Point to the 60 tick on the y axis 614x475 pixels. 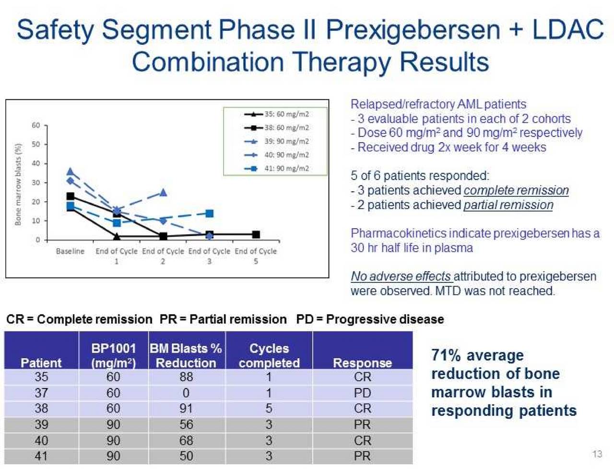coord(36,125)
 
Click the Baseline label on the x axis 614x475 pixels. coord(70,251)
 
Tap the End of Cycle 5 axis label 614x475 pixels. coord(256,256)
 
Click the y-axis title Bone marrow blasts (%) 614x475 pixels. coord(18,184)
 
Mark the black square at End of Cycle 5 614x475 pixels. coord(256,234)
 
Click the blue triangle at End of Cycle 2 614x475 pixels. coord(163,193)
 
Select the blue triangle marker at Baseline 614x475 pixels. coord(71,171)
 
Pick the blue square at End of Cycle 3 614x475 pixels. coord(209,213)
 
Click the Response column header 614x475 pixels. coord(362,363)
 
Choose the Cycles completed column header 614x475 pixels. coord(269,355)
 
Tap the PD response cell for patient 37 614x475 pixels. coord(362,393)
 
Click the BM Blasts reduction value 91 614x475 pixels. coord(186,409)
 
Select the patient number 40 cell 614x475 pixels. coord(41,440)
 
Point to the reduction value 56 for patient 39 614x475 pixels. coord(186,425)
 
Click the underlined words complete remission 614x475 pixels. coord(516,190)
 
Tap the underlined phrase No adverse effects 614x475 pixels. coord(401,276)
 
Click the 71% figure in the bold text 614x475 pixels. coord(446,355)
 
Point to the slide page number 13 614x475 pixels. coord(597,454)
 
